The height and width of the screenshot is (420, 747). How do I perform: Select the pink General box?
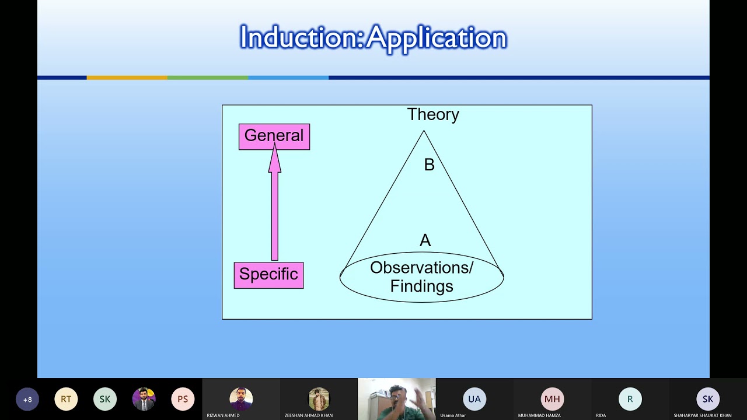pyautogui.click(x=274, y=136)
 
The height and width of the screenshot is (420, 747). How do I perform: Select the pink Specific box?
pyautogui.click(x=268, y=275)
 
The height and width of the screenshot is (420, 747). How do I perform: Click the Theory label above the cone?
pyautogui.click(x=433, y=114)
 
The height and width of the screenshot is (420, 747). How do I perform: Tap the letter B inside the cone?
pyautogui.click(x=430, y=165)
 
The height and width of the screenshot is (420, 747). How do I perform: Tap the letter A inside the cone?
pyautogui.click(x=425, y=240)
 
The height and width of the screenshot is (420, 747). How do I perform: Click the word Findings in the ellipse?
pyautogui.click(x=421, y=286)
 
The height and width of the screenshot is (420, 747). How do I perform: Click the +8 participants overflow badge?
pyautogui.click(x=27, y=400)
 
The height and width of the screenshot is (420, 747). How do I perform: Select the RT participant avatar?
pyautogui.click(x=66, y=400)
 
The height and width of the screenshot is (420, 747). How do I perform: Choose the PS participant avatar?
pyautogui.click(x=183, y=400)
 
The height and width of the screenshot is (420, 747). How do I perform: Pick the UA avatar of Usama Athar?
pyautogui.click(x=474, y=399)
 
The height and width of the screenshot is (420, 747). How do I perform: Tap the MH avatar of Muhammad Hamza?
pyautogui.click(x=552, y=399)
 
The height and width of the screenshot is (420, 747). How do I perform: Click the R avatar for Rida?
pyautogui.click(x=630, y=399)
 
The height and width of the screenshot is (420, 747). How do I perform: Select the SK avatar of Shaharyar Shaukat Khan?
pyautogui.click(x=708, y=399)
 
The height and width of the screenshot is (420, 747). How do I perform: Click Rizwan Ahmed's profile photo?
pyautogui.click(x=241, y=399)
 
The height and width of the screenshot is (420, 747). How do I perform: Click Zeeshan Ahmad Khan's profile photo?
pyautogui.click(x=319, y=399)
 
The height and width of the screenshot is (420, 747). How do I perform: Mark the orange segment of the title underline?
pyautogui.click(x=127, y=78)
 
